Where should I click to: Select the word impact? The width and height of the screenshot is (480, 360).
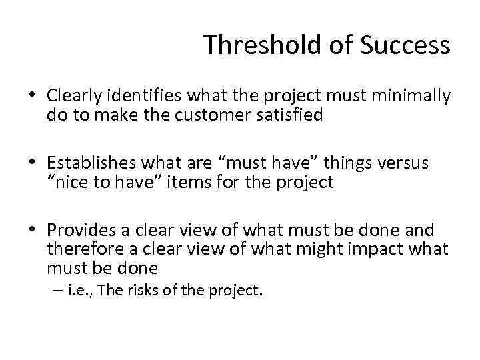coord(379,249)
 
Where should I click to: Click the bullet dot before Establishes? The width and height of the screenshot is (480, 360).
coord(33,163)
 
